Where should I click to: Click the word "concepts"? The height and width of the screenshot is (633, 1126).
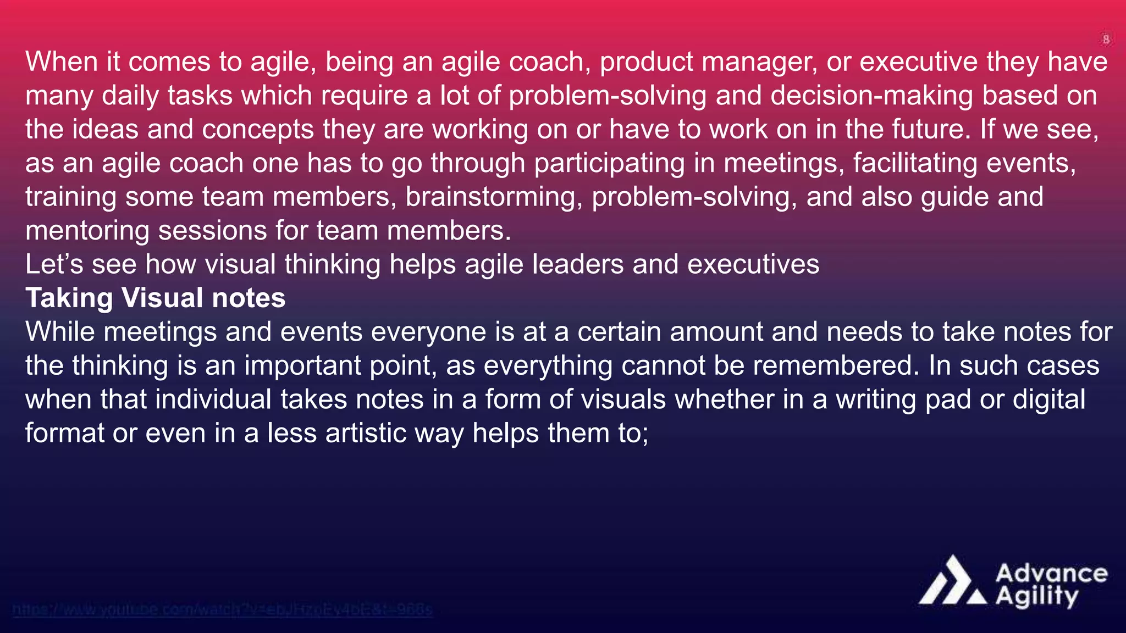tap(258, 130)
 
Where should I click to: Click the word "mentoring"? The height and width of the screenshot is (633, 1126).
tap(87, 231)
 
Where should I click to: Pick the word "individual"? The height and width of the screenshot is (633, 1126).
tap(213, 399)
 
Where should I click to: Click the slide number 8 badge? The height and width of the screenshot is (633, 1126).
tap(1106, 40)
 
